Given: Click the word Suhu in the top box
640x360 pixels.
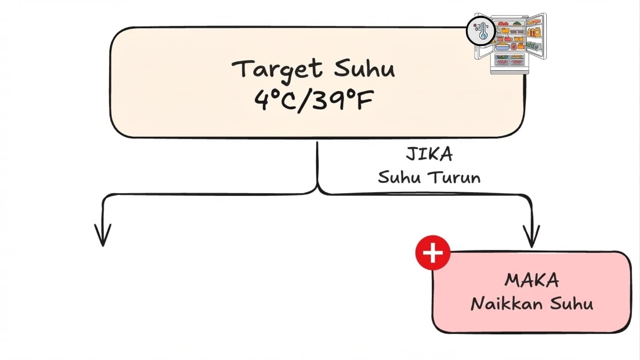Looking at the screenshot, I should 364,68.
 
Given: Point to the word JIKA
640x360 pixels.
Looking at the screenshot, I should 429,154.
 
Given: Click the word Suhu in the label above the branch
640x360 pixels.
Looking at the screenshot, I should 399,178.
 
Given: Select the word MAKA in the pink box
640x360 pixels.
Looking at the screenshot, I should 532,280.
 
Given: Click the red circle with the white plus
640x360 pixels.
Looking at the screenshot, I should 432,253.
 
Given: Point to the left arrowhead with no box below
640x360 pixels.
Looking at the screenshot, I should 103,234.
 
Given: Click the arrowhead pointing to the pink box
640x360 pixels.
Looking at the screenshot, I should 531,237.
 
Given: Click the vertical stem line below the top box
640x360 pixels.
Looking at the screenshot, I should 317,164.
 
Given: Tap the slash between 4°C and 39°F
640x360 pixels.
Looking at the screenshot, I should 305,99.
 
